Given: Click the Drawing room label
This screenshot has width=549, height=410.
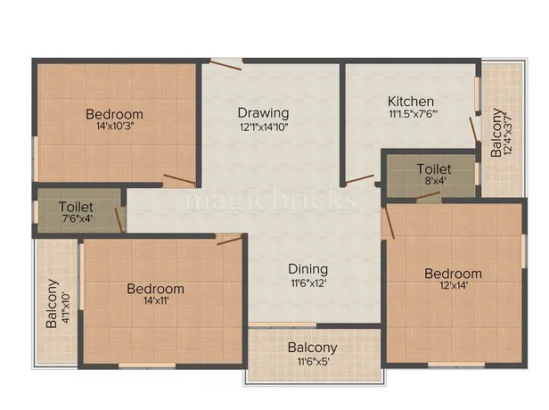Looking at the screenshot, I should tap(263, 113).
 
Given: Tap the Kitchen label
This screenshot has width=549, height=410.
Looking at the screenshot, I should tap(411, 102).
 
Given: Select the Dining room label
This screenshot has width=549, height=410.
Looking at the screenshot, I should tap(307, 269).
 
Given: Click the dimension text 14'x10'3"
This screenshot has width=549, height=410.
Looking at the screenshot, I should tap(114, 127).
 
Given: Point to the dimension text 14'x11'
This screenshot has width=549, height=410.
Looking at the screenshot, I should tap(155, 301).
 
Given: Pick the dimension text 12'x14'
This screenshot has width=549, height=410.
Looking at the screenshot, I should tap(453, 286).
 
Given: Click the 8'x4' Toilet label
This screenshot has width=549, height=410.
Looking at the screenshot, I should tap(434, 168).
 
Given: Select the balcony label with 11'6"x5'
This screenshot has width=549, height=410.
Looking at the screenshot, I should tap(312, 348).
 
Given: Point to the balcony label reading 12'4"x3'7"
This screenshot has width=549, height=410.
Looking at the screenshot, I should tap(496, 134).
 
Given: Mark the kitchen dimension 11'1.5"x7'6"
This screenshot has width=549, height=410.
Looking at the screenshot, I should tap(411, 115).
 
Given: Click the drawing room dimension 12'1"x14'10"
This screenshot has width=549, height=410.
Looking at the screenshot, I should tap(263, 127).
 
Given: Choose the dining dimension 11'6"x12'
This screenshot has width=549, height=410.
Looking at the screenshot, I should tap(307, 283).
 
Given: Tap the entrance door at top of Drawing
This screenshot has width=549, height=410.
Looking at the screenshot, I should tap(226, 61).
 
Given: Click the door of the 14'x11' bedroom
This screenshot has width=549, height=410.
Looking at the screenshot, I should tap(229, 238).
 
